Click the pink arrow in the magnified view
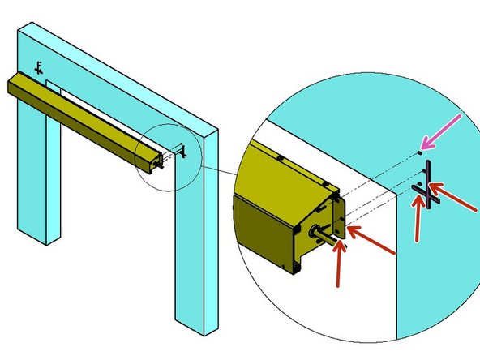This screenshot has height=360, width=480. pyautogui.click(x=444, y=132)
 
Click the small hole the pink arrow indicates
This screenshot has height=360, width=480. pyautogui.click(x=418, y=152)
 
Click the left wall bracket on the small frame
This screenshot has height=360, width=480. pyautogui.click(x=37, y=66)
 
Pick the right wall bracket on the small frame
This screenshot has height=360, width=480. pyautogui.click(x=183, y=151)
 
